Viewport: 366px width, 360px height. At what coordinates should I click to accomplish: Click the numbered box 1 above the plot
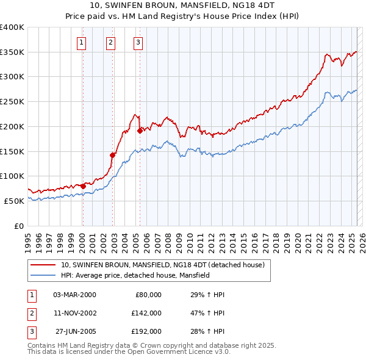point(82,43)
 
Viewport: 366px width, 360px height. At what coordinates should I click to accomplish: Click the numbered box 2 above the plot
point(110,43)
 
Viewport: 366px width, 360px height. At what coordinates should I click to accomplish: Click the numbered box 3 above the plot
point(138,43)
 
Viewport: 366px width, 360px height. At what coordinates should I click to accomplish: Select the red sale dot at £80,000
point(83,185)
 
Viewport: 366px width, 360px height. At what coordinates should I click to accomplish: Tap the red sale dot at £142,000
point(112,155)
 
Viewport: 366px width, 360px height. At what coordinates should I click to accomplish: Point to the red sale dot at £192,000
point(140,130)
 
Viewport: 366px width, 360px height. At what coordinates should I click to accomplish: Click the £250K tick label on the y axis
point(12,101)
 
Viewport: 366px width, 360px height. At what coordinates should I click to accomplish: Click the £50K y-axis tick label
point(14,201)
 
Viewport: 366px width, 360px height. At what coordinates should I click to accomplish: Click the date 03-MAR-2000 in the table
point(74,295)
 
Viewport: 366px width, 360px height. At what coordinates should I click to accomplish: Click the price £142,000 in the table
point(146,313)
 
